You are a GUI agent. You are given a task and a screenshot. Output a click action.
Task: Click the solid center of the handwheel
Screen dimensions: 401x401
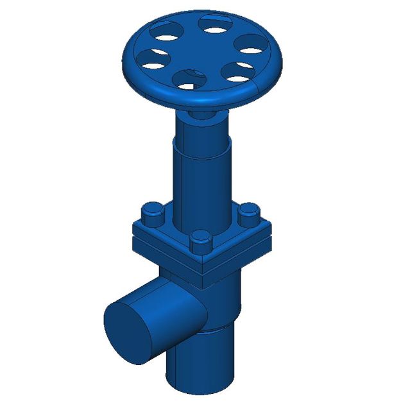pyautogui.click(x=199, y=53)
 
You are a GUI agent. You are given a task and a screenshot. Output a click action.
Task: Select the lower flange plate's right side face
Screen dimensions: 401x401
pyautogui.click(x=241, y=257)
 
